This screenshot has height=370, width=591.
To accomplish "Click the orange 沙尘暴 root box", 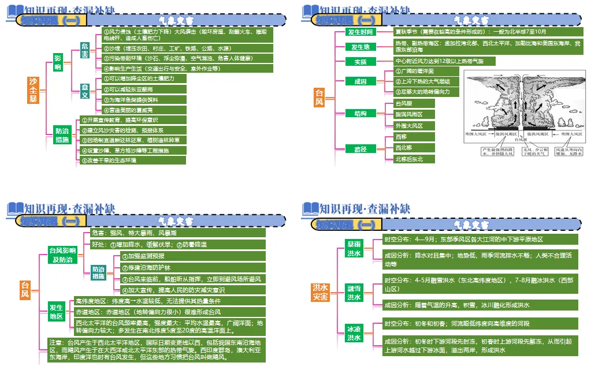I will tap(33, 91).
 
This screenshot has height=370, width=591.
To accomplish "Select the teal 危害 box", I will tap(84, 54).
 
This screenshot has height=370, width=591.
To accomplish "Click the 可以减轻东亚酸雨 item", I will tap(144, 89).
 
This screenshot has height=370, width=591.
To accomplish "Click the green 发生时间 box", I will tap(360, 32).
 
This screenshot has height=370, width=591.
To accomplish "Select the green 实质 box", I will tap(360, 61).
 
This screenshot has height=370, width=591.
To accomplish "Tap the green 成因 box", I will tap(360, 81).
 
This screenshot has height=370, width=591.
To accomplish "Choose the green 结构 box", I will tap(360, 114).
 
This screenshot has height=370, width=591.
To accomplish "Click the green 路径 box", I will tap(360, 148).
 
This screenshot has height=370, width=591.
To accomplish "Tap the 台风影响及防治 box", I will tap(62, 255).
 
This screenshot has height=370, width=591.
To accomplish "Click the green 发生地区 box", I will tap(57, 312).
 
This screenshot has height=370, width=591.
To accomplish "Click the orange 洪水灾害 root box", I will tap(320, 291).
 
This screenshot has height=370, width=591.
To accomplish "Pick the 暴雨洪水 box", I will tap(354, 249).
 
